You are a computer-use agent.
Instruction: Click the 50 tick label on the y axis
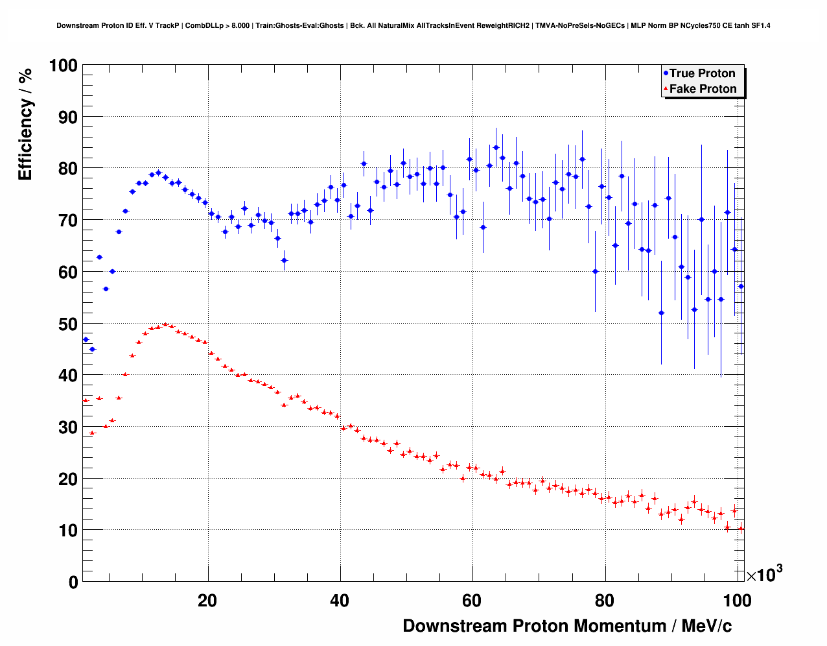click(67, 324)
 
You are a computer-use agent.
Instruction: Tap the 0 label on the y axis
click(73, 582)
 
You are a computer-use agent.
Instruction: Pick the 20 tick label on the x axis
click(207, 601)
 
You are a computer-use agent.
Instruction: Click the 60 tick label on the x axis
click(472, 601)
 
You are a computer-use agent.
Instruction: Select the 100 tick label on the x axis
click(737, 601)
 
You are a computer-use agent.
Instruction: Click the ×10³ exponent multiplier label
click(764, 575)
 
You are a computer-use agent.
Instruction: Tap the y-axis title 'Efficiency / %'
click(25, 124)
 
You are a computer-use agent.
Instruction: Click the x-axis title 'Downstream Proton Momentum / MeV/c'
click(567, 626)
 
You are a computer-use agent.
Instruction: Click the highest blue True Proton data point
click(496, 147)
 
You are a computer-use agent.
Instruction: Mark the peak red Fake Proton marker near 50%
click(165, 324)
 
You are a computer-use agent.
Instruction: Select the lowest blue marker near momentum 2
click(92, 349)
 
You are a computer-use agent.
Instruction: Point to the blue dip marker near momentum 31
click(284, 260)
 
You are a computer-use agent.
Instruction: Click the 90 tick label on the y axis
click(67, 117)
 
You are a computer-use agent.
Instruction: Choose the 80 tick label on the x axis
click(605, 601)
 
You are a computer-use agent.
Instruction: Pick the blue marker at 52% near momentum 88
click(661, 313)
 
